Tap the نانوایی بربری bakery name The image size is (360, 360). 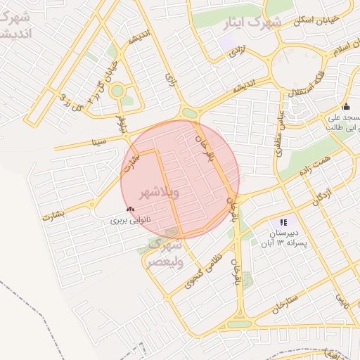[x=131, y=220]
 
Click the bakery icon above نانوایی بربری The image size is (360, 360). [x=130, y=209]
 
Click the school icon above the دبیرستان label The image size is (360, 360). [x=283, y=222]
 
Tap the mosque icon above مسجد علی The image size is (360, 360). [x=345, y=107]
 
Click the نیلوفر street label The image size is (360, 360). [x=122, y=124]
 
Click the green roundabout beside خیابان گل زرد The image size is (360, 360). [x=117, y=90]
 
